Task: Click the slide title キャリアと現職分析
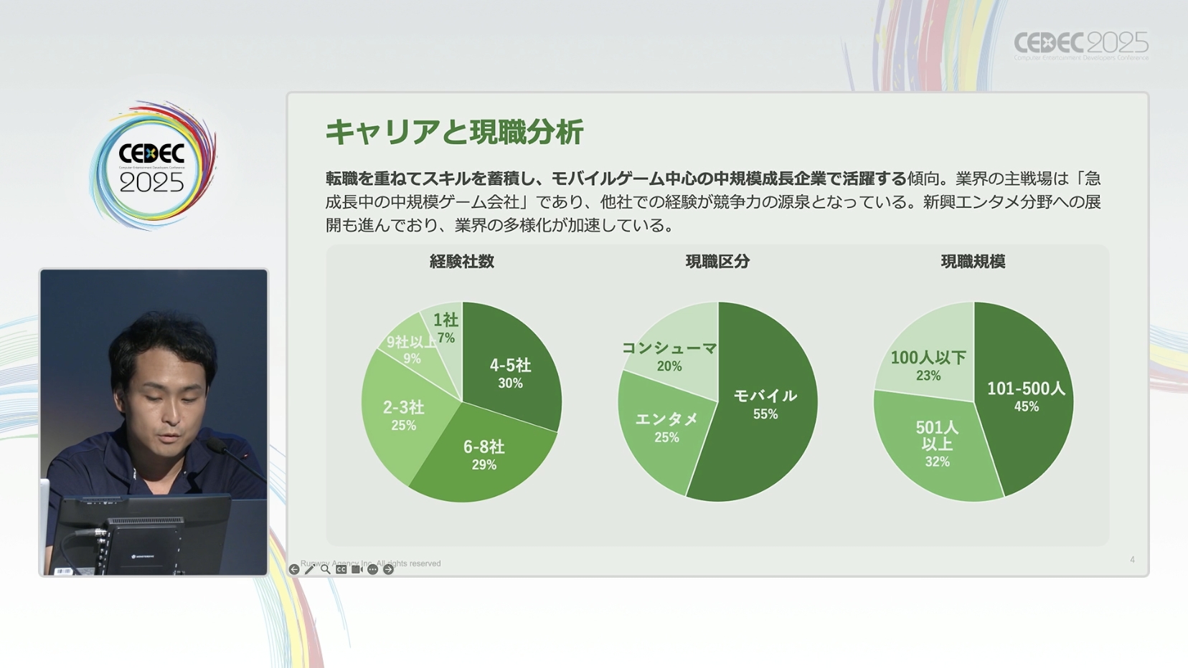[x=454, y=133]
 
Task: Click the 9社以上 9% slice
[x=411, y=349]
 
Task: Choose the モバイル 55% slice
[x=765, y=403]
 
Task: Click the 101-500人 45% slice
[x=1026, y=396]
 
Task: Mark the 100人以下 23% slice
[x=928, y=364]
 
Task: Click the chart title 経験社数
[x=462, y=262]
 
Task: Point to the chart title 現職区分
[x=717, y=262]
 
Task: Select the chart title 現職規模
[x=973, y=262]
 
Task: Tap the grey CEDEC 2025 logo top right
[x=1081, y=45]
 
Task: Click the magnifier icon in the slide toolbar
[x=326, y=569]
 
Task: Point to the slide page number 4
[x=1132, y=560]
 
